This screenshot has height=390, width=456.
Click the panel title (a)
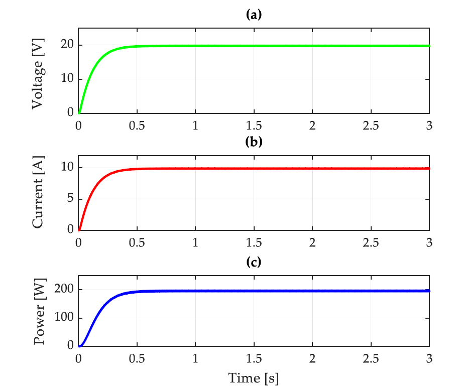click(254, 15)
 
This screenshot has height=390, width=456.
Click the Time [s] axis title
click(254, 377)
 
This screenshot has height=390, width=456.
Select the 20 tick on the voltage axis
click(67, 45)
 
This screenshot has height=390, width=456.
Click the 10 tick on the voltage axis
click(67, 79)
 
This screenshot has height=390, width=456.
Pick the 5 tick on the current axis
click(70, 199)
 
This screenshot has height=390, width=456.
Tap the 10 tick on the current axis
click(67, 168)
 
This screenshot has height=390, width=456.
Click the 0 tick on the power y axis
click(70, 346)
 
